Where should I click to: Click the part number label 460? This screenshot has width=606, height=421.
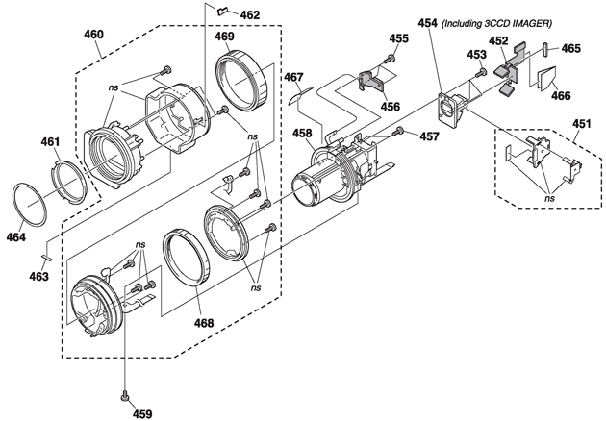[x=94, y=35]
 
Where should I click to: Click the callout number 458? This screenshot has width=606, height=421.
[x=302, y=134]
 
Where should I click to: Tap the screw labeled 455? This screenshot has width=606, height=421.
[x=390, y=59]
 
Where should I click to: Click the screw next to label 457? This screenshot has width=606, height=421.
[x=398, y=132]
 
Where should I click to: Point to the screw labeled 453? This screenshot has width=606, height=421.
[x=481, y=72]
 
